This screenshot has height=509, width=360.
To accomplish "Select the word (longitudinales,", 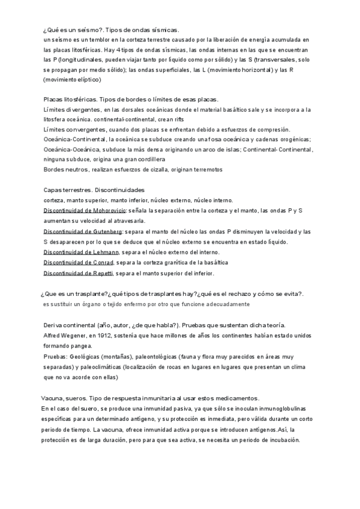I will point(79,60).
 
